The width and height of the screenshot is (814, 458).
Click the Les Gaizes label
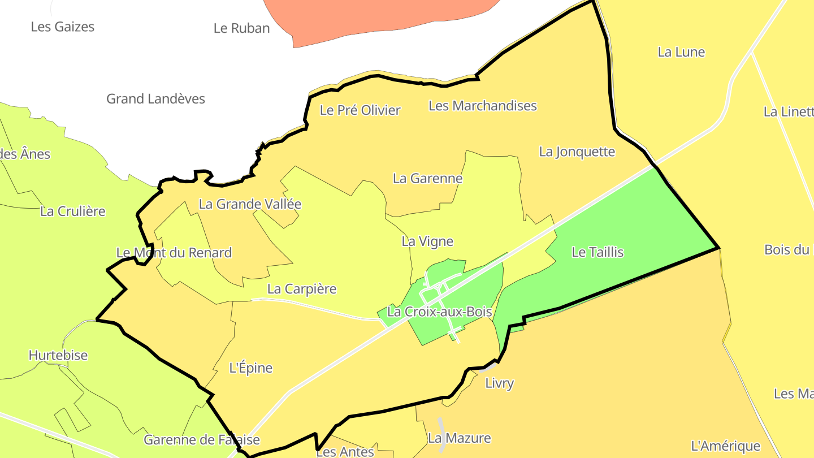tap(62, 27)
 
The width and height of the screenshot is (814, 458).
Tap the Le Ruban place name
tap(241, 28)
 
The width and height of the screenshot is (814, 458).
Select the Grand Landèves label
tap(155, 99)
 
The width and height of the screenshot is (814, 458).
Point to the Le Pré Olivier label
tap(360, 110)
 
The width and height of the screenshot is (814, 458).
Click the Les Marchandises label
tap(482, 106)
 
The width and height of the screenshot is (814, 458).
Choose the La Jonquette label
tap(577, 152)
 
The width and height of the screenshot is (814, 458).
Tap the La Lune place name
tap(681, 52)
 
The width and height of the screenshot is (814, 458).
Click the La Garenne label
tap(427, 179)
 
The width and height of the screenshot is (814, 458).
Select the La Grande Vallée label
tap(250, 204)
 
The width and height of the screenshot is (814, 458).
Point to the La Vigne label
tap(427, 241)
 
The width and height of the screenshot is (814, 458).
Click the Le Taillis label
tap(597, 252)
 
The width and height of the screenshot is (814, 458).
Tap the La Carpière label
tap(302, 289)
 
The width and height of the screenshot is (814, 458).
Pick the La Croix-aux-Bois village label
tap(439, 312)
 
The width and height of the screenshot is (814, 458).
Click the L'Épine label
tap(250, 368)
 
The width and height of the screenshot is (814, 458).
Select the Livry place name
tap(499, 383)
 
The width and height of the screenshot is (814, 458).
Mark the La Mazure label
tap(459, 438)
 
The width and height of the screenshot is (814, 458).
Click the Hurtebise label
tap(58, 356)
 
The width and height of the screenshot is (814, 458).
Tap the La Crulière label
tap(73, 211)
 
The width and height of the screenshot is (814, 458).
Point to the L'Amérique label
tap(725, 446)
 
